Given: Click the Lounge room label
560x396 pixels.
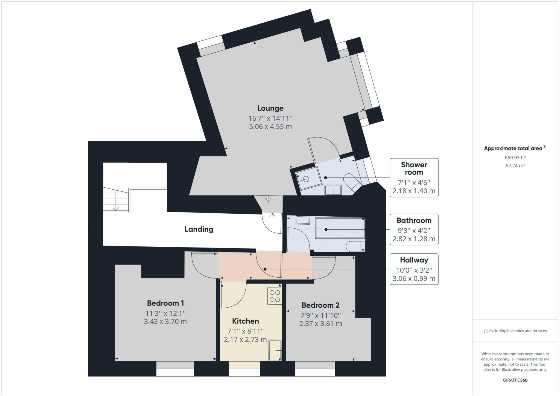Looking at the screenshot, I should click(270, 108).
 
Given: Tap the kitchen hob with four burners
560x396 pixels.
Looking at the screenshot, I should click(275, 296).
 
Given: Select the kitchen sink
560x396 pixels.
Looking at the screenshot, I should click(275, 350).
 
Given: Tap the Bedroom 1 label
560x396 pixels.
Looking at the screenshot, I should click(165, 303).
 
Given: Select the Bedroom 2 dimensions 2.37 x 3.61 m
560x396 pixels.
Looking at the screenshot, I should click(320, 324).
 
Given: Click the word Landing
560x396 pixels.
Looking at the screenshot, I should click(199, 229).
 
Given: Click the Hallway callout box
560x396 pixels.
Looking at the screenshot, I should click(414, 269).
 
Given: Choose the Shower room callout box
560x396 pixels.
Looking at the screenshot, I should click(414, 177).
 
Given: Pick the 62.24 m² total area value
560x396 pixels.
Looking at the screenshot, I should click(515, 165).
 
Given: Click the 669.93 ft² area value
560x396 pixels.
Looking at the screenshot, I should click(515, 158).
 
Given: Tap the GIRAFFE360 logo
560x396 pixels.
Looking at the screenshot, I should click(515, 380).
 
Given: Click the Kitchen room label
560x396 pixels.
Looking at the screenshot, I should click(245, 321).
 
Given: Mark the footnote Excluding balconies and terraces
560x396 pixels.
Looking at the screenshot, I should click(515, 331).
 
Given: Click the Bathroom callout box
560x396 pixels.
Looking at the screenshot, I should click(414, 229).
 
